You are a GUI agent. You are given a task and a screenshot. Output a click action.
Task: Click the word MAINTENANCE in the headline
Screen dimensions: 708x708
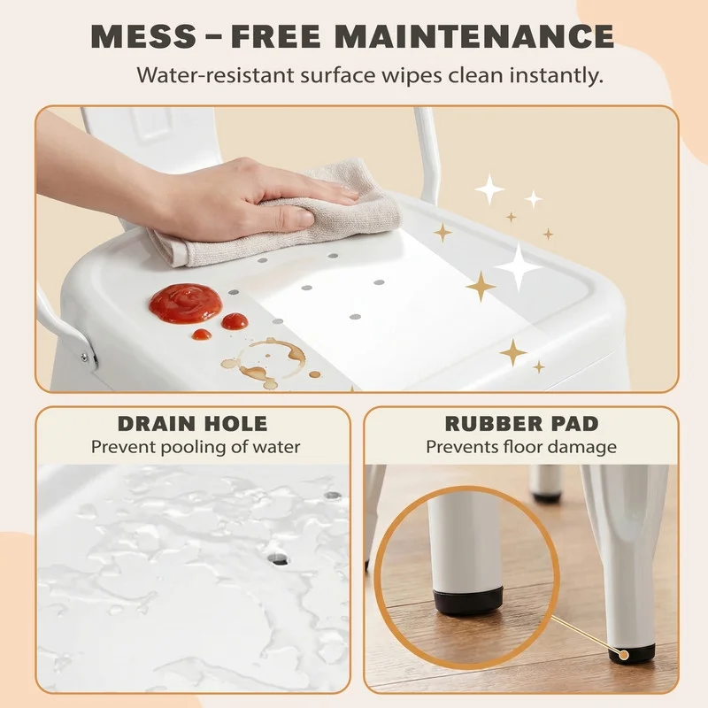474,35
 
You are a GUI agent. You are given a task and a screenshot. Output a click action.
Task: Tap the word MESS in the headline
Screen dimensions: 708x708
143,35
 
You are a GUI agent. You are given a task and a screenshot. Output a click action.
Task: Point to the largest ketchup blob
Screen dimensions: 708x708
186,303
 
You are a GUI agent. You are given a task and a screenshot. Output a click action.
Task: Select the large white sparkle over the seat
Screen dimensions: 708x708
519,267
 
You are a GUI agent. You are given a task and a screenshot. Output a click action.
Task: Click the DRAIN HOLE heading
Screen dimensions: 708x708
193,424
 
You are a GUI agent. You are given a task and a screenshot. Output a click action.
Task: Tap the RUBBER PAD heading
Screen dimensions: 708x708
521,424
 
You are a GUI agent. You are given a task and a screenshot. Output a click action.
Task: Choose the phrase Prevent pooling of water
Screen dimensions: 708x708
196,447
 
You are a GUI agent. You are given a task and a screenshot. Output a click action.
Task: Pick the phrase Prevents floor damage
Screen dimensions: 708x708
521,447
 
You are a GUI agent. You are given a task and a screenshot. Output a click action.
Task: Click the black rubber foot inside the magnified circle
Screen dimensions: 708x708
468,601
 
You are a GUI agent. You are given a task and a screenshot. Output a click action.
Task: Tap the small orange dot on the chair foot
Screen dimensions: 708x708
624,655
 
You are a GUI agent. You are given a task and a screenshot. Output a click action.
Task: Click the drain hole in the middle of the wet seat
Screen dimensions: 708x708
278,559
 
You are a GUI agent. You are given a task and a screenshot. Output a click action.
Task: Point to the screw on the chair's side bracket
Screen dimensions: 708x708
84,358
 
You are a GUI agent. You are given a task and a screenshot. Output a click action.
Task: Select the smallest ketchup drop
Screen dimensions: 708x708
202,335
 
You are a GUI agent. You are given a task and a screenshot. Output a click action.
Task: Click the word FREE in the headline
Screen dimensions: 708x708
276,35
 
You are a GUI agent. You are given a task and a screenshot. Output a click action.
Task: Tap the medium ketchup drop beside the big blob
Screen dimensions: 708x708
235,321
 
